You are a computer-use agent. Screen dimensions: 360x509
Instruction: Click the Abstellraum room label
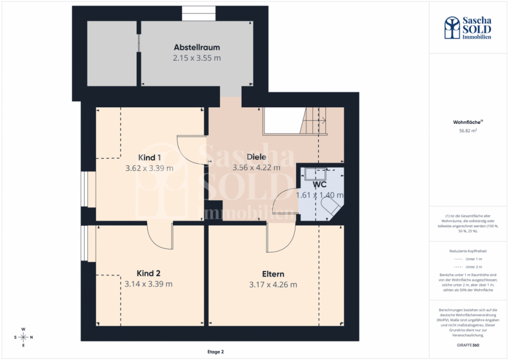(197, 47)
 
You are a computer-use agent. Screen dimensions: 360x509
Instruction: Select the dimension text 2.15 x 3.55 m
(197, 58)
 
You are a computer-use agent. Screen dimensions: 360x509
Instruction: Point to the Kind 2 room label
(149, 273)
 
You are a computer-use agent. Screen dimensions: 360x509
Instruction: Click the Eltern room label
(273, 274)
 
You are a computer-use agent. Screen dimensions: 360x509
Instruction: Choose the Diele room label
(257, 157)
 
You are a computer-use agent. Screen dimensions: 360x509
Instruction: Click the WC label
(320, 184)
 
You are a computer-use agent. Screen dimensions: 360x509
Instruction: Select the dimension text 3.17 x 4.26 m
(273, 285)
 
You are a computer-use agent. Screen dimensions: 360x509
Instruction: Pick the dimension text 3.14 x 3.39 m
(149, 284)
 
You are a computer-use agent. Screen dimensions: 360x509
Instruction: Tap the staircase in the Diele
(313, 121)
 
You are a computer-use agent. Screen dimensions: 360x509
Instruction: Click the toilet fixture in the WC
(331, 207)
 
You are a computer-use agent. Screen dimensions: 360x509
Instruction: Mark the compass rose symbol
(23, 337)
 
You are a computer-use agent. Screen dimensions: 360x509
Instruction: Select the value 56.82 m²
(468, 131)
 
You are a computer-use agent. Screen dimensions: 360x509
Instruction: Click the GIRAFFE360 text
(468, 345)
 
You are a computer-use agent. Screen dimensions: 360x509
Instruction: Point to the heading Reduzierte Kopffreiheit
(468, 251)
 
